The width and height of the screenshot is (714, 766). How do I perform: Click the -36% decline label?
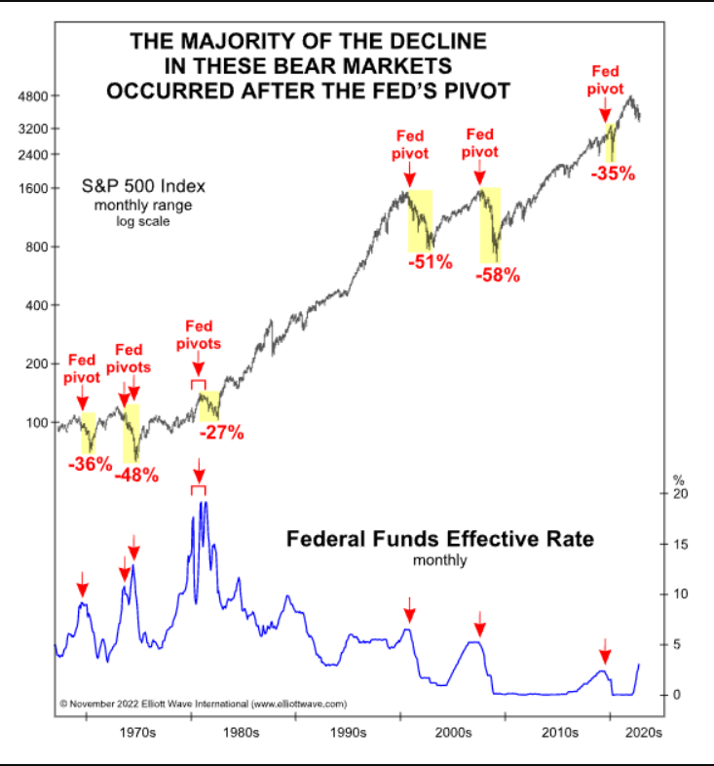[90, 464]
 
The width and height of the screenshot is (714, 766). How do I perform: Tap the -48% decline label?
[136, 477]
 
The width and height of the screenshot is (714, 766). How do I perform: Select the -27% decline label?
[221, 433]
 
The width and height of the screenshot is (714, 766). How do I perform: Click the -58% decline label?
[498, 275]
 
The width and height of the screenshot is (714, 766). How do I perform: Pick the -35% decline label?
[613, 174]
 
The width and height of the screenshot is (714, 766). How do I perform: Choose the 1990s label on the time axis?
[347, 730]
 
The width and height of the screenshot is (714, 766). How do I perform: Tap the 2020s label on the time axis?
[643, 730]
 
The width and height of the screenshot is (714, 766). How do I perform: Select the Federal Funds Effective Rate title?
[439, 539]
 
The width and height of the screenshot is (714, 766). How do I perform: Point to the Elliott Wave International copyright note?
[203, 702]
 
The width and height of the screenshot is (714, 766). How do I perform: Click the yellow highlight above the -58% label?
[489, 224]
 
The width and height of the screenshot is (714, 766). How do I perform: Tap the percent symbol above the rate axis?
[679, 479]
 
